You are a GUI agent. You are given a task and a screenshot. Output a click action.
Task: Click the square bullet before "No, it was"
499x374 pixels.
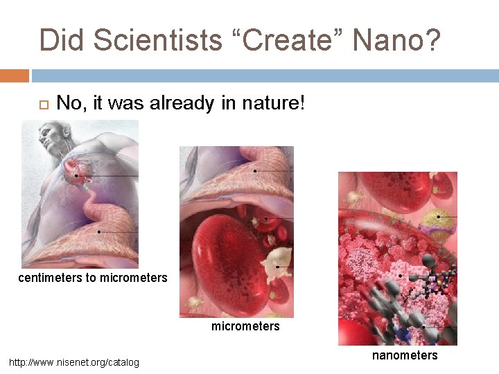[x=40, y=105]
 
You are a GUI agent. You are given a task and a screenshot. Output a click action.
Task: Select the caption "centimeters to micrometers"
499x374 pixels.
[x=93, y=278]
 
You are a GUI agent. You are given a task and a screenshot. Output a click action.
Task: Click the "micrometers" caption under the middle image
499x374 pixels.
[x=245, y=326]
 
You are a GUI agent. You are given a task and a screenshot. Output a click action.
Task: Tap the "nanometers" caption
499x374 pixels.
[x=405, y=355]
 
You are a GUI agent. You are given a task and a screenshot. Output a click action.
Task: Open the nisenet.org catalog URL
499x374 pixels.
[x=73, y=362]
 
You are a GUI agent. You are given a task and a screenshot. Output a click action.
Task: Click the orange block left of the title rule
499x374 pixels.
[x=14, y=75]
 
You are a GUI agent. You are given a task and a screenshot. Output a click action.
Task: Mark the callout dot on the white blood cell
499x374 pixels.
[x=277, y=266]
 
